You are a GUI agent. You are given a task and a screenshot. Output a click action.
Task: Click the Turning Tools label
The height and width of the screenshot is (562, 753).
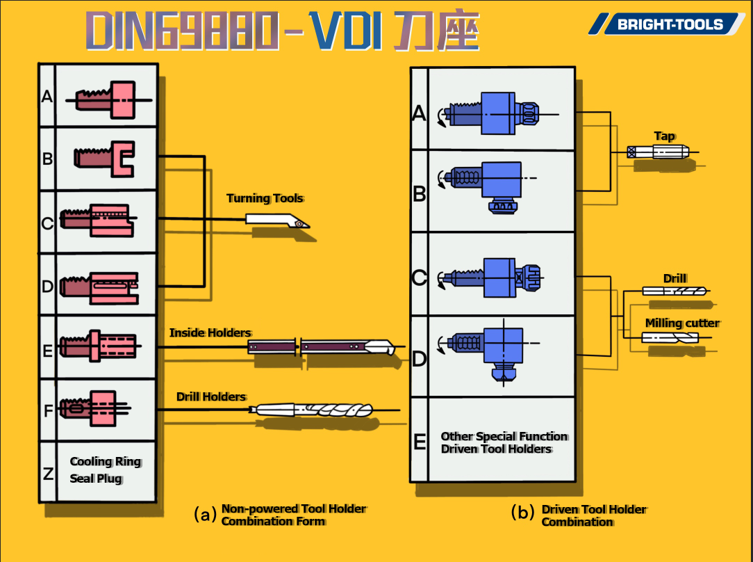pos(265,198)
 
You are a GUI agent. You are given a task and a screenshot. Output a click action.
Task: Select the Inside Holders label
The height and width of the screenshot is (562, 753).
pos(210,332)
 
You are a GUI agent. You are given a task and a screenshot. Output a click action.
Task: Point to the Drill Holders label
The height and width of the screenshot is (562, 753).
pos(211,396)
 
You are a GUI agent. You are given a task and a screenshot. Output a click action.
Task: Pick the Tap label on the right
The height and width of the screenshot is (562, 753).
pos(664,136)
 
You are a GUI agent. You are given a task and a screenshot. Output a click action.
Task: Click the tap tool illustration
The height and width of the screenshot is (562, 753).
pos(657,152)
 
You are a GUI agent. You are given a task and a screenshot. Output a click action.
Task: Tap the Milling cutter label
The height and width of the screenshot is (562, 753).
pos(682,323)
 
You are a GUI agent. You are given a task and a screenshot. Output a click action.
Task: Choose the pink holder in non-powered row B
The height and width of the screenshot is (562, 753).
pos(105,157)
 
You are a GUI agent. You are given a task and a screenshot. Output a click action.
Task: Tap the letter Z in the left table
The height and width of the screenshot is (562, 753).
pos(48,474)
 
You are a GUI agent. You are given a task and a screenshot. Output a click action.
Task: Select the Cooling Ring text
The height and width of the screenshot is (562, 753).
pos(106,462)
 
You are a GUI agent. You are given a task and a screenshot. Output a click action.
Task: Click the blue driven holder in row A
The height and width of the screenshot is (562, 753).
pos(495,113)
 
